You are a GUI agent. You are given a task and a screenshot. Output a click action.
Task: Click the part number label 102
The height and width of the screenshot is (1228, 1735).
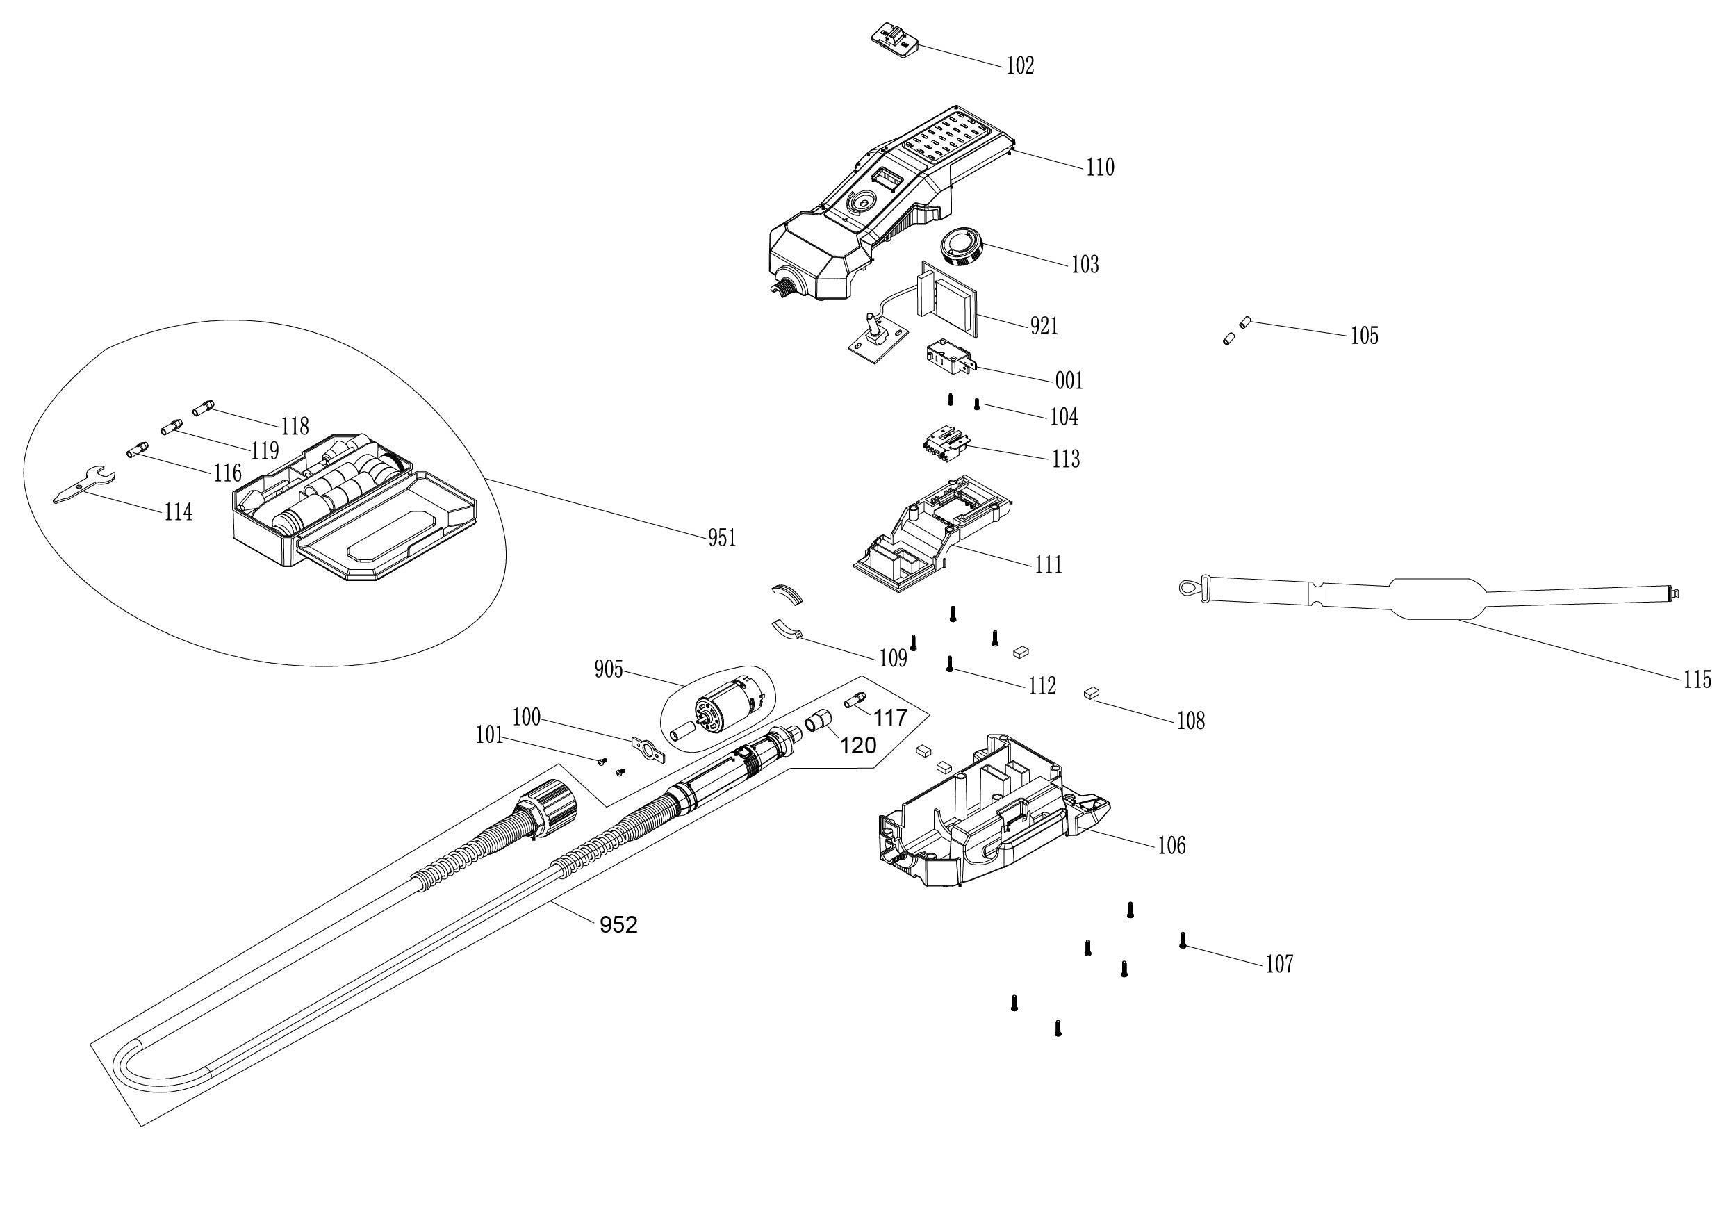pos(1020,67)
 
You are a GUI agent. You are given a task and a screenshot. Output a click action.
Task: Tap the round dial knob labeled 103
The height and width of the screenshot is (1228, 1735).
pos(961,247)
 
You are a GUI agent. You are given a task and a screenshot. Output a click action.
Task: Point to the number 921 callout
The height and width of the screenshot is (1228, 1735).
pos(1044,326)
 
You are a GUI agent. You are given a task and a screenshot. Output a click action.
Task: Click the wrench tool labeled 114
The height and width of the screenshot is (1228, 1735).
pos(83,484)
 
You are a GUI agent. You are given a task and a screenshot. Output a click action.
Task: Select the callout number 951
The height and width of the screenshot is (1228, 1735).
pos(721,539)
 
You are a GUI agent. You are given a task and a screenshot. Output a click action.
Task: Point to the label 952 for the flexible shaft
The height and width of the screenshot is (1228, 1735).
pos(618,925)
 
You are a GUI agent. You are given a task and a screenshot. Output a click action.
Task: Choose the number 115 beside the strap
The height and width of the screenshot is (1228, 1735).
pos(1697,680)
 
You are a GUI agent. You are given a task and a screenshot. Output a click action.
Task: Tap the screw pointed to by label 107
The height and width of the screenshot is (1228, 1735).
pos(1183,940)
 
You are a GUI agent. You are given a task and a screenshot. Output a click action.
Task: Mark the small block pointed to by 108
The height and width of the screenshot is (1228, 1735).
pos(1090,692)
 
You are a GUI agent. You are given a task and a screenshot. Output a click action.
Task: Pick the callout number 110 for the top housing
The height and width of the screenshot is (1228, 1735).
pos(1100,167)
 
